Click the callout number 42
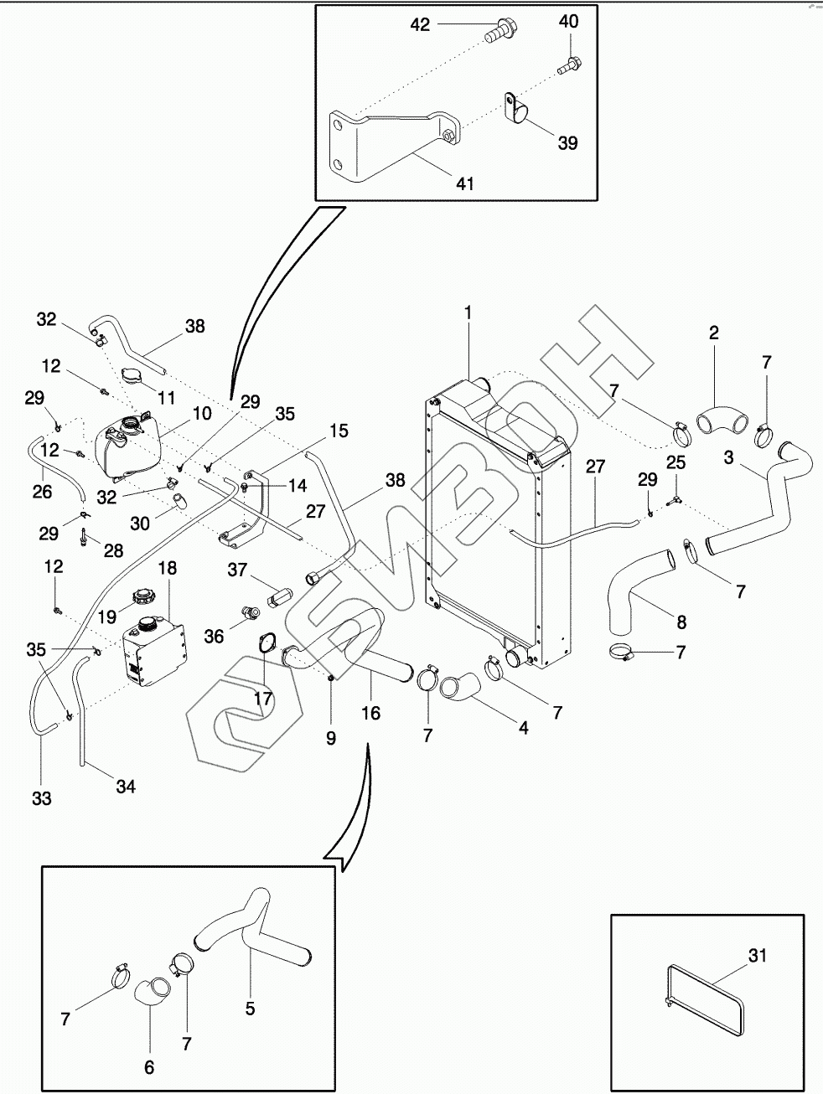(420, 25)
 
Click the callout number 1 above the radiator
(468, 312)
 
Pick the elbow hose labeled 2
(714, 416)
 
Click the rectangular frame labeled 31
(705, 996)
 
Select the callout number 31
(757, 955)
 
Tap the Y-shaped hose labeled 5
(251, 930)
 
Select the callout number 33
(42, 798)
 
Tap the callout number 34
(126, 787)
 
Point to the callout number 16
(370, 713)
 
